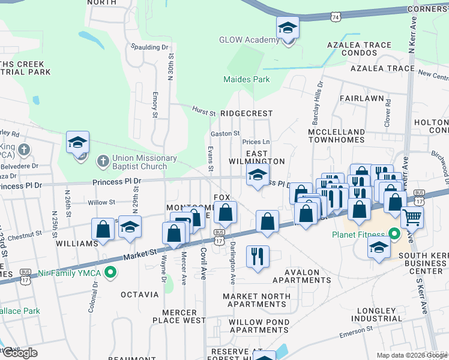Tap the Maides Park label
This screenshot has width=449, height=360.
click(246, 79)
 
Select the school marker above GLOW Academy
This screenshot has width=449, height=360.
click(288, 28)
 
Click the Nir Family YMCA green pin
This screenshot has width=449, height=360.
click(109, 274)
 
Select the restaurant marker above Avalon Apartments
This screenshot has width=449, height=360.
click(258, 256)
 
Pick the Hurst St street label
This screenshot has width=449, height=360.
click(204, 112)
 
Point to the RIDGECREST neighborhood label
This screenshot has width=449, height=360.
click(246, 113)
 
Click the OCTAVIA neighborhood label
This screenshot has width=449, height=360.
click(139, 295)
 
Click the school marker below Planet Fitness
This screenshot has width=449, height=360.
click(378, 247)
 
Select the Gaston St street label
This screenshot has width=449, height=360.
click(225, 133)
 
